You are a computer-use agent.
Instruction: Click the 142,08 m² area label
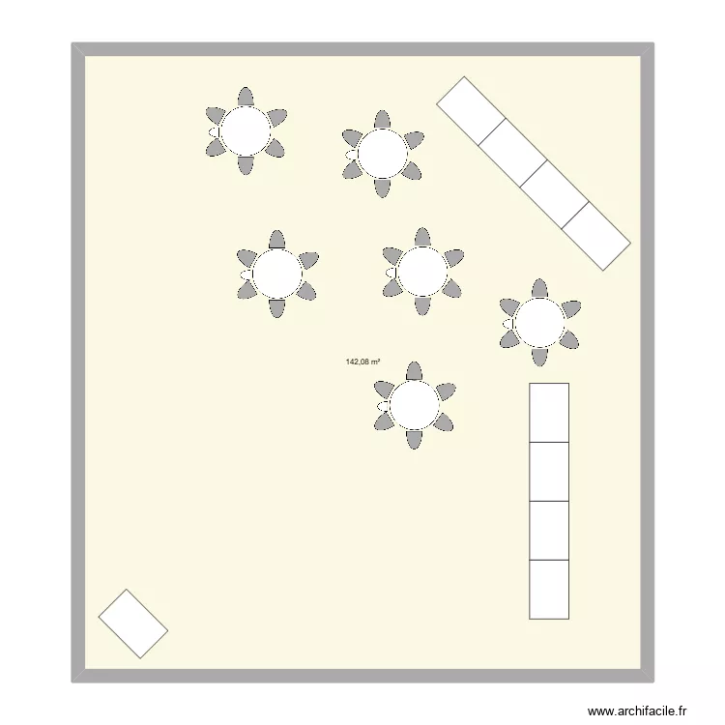pyautogui.click(x=362, y=362)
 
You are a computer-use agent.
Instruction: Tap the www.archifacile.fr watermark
pyautogui.click(x=640, y=710)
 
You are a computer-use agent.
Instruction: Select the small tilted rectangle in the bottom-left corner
pyautogui.click(x=133, y=623)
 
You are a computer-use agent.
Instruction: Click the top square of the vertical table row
pyautogui.click(x=549, y=413)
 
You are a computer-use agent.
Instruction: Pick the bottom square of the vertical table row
pyautogui.click(x=549, y=589)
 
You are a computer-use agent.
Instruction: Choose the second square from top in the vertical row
pyautogui.click(x=549, y=472)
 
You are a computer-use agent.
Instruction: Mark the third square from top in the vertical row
pyautogui.click(x=549, y=531)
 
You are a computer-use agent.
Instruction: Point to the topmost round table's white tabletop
pyautogui.click(x=246, y=130)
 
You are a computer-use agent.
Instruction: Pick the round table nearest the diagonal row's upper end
pyautogui.click(x=383, y=153)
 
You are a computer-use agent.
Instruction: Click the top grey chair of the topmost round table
pyautogui.click(x=246, y=97)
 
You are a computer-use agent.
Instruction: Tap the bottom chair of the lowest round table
pyautogui.click(x=415, y=440)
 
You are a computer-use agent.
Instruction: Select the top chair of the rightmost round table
pyautogui.click(x=539, y=289)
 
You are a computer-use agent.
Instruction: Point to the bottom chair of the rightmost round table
pyautogui.click(x=539, y=357)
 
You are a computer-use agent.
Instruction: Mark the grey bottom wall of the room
pyautogui.click(x=362, y=676)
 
